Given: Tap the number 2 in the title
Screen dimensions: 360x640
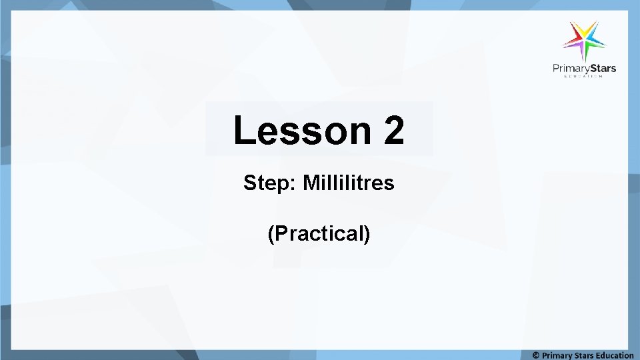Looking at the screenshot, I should point(393,130).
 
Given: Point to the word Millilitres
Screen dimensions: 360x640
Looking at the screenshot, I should point(349,183).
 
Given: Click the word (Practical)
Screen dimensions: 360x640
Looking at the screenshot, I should point(319,234).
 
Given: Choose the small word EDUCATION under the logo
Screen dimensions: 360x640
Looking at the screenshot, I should point(583,77).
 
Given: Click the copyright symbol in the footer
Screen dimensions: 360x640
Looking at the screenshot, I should point(536,355).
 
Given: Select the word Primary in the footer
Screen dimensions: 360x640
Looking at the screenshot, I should point(557,355).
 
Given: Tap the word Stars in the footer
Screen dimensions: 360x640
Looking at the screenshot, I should point(586,355).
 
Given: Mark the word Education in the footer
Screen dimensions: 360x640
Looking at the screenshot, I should point(616,355).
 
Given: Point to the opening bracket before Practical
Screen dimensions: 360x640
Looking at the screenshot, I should point(271,235).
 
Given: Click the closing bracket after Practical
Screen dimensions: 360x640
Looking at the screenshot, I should point(367,235).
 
